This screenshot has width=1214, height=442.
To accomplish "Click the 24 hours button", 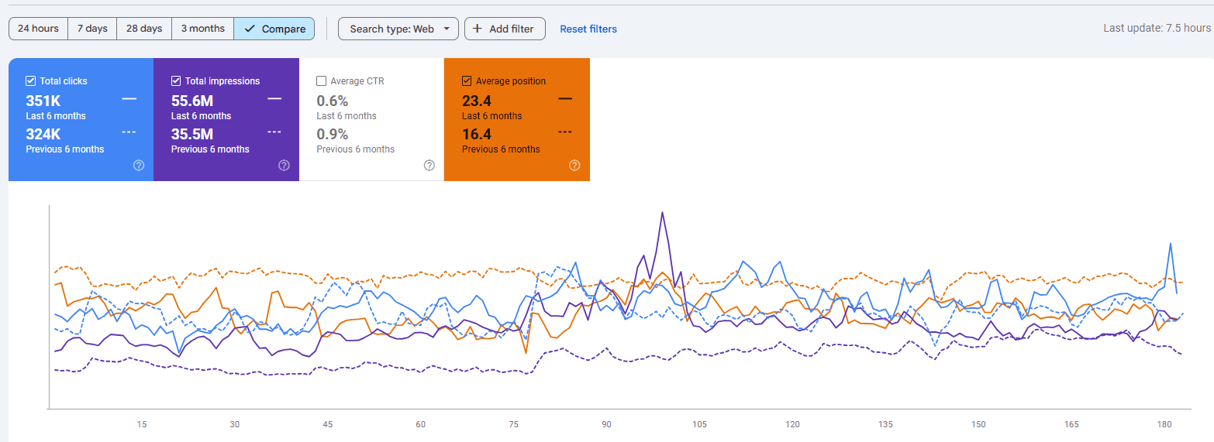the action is pyautogui.click(x=38, y=29).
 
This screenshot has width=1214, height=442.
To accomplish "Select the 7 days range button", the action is pyautogui.click(x=92, y=29).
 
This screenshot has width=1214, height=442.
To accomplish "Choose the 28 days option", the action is pyautogui.click(x=144, y=29).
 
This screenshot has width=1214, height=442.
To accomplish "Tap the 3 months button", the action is pyautogui.click(x=202, y=29).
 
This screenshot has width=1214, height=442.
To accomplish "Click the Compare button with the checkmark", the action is pyautogui.click(x=274, y=29).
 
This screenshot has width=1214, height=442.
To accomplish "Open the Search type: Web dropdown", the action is pyautogui.click(x=398, y=29).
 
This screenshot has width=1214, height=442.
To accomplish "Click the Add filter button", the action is pyautogui.click(x=505, y=29).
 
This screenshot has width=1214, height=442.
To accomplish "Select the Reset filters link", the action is pyautogui.click(x=588, y=29).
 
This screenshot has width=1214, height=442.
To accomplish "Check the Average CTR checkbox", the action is pyautogui.click(x=322, y=81).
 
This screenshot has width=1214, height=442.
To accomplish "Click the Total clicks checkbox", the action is pyautogui.click(x=31, y=81).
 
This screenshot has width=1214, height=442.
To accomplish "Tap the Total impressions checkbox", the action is pyautogui.click(x=176, y=81).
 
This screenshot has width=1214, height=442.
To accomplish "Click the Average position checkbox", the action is pyautogui.click(x=467, y=81).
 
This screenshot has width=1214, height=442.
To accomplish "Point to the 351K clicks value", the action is pyautogui.click(x=43, y=101).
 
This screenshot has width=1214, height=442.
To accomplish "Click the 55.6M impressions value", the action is pyautogui.click(x=192, y=101).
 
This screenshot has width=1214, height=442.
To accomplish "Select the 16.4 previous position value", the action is pyautogui.click(x=477, y=134).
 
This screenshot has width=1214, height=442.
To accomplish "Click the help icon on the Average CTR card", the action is pyautogui.click(x=429, y=166).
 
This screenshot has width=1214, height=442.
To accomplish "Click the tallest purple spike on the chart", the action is pyautogui.click(x=662, y=213).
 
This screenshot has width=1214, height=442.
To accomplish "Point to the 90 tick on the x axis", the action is pyautogui.click(x=606, y=425).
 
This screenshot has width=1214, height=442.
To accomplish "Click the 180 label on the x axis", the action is pyautogui.click(x=1164, y=425).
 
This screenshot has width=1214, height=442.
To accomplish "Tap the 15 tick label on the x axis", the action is pyautogui.click(x=141, y=425).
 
